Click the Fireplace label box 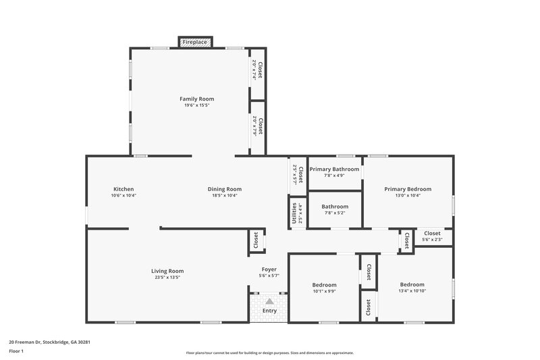(x=196, y=42)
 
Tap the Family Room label (x=196, y=99)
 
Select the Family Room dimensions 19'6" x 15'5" (x=196, y=105)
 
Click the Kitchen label (x=124, y=189)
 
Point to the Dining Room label (x=225, y=189)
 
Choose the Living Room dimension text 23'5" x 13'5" (x=167, y=277)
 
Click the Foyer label (x=269, y=269)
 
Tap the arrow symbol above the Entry (x=269, y=301)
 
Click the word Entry (x=269, y=311)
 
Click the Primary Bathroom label (x=335, y=169)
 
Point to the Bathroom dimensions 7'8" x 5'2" (x=335, y=213)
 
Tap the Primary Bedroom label (x=408, y=189)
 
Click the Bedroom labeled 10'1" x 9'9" (x=324, y=285)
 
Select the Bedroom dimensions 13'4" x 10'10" (x=412, y=291)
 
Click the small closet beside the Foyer (x=256, y=240)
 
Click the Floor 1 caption (x=16, y=351)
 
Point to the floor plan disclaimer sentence (x=269, y=353)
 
